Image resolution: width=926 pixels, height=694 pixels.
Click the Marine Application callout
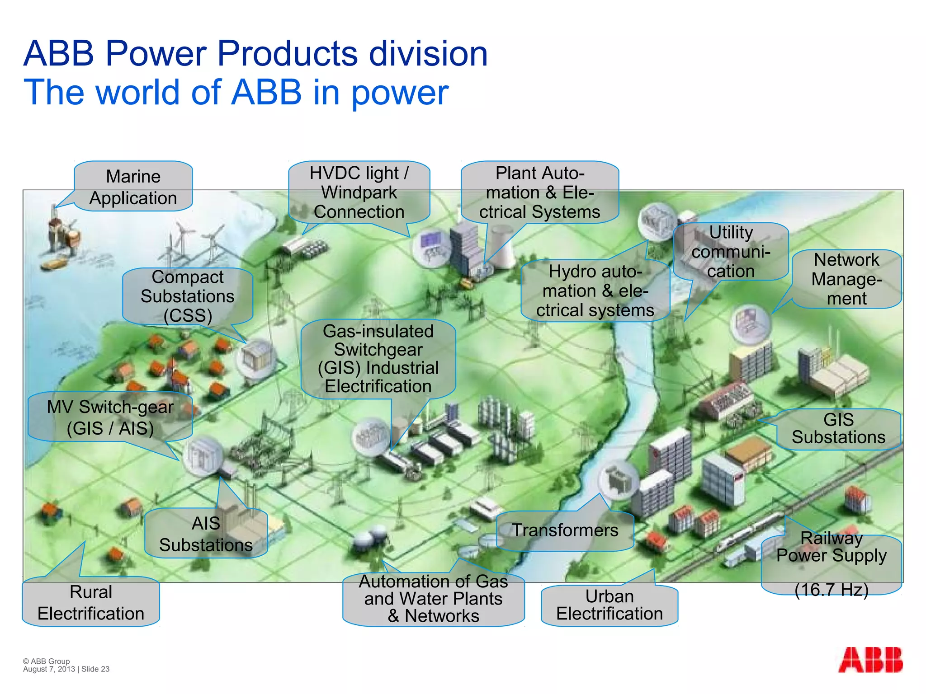(x=133, y=187)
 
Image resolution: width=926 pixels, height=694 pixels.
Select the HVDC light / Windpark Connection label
(x=359, y=192)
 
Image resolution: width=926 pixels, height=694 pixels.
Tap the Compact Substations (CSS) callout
(x=188, y=296)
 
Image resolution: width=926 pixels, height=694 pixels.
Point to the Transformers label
(x=565, y=530)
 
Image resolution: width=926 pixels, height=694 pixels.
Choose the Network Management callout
(x=846, y=279)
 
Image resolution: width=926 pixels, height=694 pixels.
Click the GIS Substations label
(x=838, y=429)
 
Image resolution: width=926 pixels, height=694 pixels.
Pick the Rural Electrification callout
(x=91, y=602)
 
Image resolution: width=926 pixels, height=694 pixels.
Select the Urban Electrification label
(x=609, y=605)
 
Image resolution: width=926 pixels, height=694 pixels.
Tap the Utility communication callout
(x=731, y=252)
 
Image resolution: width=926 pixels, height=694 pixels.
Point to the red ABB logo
(x=870, y=660)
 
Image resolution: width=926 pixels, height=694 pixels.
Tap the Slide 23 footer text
(x=95, y=669)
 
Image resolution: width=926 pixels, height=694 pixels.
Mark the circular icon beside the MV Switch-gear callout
(x=202, y=456)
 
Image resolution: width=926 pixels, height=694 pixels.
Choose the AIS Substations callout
(x=206, y=534)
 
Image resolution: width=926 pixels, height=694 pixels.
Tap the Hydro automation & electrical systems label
(x=595, y=291)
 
